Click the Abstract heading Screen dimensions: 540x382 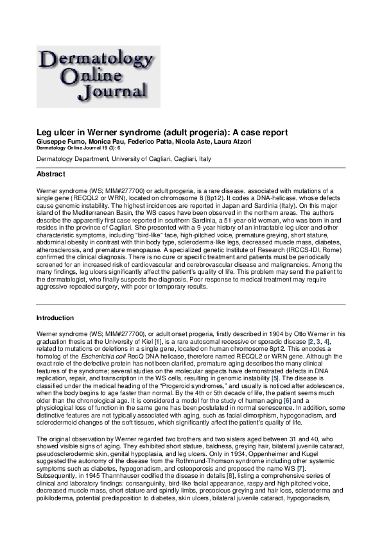click(x=51, y=174)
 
